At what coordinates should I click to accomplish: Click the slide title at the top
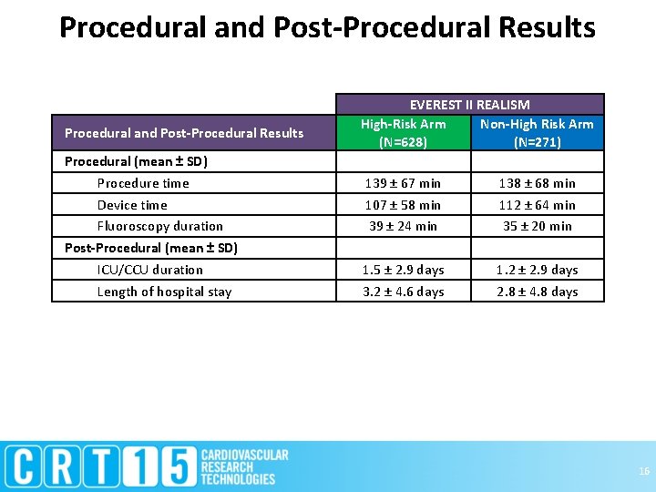(x=327, y=27)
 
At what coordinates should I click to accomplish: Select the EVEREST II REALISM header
(x=469, y=105)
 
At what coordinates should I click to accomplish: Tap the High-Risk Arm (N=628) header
(x=403, y=133)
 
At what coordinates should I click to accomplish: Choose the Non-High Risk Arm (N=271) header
(x=537, y=133)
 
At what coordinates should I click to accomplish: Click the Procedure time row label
(x=143, y=183)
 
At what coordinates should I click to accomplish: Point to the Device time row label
(x=132, y=205)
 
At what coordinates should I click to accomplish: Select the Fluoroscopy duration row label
(x=159, y=226)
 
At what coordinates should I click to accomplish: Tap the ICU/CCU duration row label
(x=150, y=270)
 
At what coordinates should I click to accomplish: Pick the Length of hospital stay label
(x=164, y=292)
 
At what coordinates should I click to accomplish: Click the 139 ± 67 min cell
(x=403, y=183)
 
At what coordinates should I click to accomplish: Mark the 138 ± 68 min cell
(x=537, y=183)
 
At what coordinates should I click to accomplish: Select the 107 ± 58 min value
(x=403, y=205)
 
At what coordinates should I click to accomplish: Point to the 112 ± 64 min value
(x=537, y=205)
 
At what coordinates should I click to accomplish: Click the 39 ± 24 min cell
(x=403, y=226)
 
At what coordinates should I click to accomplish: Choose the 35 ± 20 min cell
(x=537, y=226)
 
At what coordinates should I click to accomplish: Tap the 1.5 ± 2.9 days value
(x=403, y=270)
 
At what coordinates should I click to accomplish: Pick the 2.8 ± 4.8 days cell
(x=537, y=292)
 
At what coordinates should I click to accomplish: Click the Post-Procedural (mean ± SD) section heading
(x=150, y=248)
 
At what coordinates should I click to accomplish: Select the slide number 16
(x=644, y=471)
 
